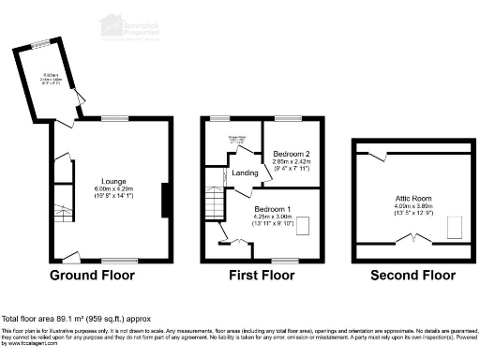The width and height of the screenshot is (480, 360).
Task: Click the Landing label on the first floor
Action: click(246, 172)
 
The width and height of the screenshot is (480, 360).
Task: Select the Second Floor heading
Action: click(412, 276)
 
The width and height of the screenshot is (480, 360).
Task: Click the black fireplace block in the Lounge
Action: click(165, 201)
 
